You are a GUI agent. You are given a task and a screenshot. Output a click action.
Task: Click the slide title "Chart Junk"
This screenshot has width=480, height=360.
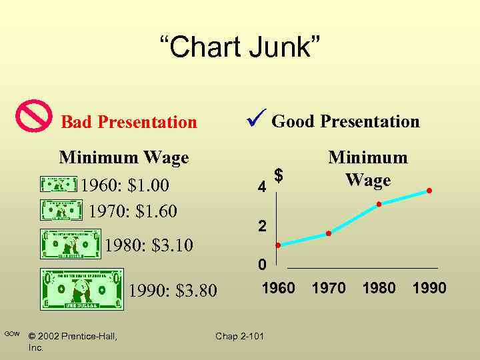point(240,48)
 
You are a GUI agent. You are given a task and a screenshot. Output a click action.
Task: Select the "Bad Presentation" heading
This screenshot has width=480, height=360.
point(129,122)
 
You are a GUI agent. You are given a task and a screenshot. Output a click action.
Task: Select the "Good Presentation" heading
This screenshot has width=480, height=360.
point(345,121)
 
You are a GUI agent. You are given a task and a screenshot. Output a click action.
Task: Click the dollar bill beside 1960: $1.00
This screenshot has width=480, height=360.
point(59,185)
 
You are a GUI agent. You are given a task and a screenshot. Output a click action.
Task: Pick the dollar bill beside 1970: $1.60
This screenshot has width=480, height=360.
point(61,209)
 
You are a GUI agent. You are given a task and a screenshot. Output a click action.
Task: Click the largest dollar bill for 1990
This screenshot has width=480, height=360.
point(81,289)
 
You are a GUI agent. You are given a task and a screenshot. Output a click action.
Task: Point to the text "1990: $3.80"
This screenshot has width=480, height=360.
point(173,291)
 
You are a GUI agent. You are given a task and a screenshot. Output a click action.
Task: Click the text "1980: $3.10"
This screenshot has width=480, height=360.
point(149,246)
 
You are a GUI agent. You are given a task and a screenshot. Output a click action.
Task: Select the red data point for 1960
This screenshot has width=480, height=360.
point(278,245)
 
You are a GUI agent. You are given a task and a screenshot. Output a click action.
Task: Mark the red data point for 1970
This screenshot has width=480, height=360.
point(329,233)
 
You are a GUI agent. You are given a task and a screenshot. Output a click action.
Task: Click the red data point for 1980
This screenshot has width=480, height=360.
point(379,204)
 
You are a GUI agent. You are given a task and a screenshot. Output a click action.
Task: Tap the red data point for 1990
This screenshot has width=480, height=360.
point(429,191)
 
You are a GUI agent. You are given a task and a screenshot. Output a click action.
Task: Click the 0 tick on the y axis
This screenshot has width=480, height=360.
point(263,265)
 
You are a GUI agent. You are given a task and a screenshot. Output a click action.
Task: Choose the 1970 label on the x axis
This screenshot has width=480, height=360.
point(329,288)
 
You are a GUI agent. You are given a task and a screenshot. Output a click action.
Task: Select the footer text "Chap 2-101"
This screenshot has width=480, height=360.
point(239,336)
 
